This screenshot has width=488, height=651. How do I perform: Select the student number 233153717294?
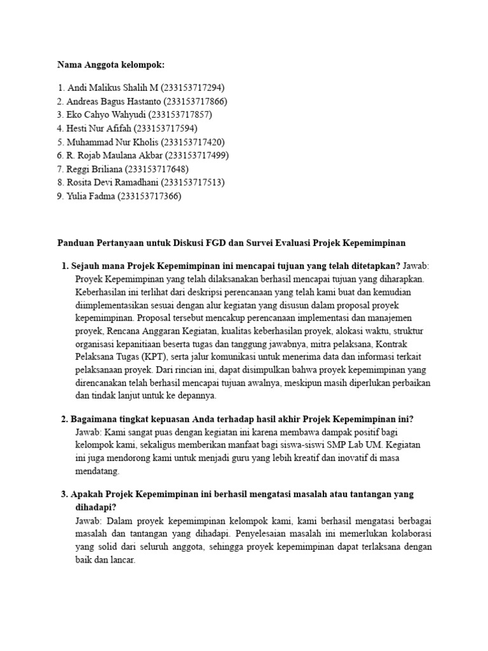[x=193, y=87]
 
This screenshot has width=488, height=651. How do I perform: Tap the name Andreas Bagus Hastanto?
[x=112, y=101]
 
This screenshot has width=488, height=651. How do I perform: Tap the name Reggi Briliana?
[x=95, y=169]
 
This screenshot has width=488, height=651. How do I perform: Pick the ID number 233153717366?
[x=149, y=196]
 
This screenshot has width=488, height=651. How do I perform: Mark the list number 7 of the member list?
[x=60, y=169]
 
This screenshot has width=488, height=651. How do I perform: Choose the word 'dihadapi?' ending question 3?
[x=96, y=507]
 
